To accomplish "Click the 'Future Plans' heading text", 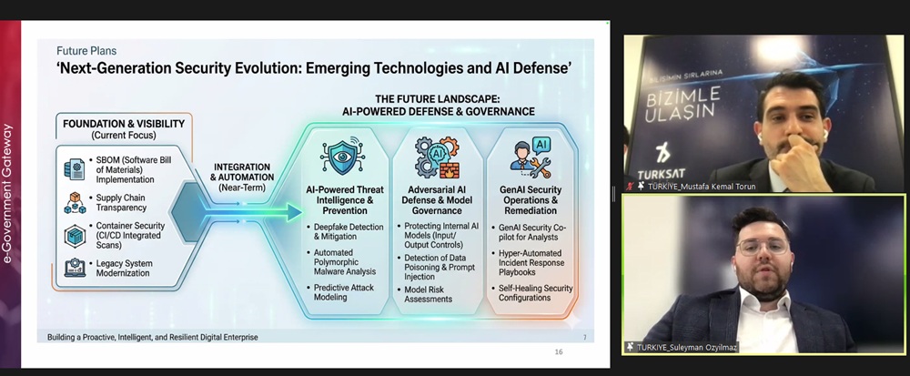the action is (86, 50).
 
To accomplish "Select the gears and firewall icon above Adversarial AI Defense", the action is (438, 158).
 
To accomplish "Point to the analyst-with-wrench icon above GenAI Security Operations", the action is (531, 157).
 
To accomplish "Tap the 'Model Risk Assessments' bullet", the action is (424, 294).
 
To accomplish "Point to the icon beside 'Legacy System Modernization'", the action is (75, 267).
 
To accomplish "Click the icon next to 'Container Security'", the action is (75, 236).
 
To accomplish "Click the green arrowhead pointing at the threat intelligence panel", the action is (294, 212).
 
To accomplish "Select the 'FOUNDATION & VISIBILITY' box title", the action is (124, 124).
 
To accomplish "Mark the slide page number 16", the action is (559, 351).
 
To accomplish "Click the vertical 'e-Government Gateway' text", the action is (7, 194).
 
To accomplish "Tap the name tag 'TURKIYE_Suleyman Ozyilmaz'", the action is (681, 348).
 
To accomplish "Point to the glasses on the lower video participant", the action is (763, 247).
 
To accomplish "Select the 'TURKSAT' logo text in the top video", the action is (661, 175).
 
